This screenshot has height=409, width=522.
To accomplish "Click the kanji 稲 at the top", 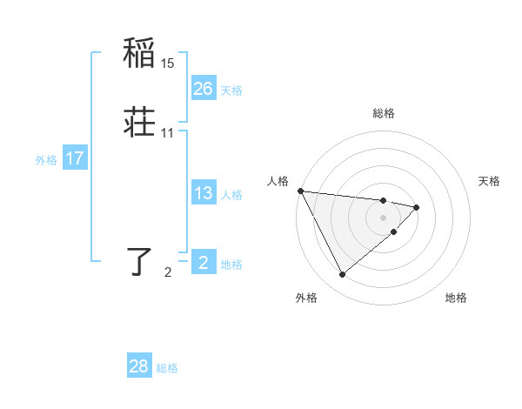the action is [140, 53].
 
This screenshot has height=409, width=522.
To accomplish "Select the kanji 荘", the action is [140, 123].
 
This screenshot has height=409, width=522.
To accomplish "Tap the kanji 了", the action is [140, 261].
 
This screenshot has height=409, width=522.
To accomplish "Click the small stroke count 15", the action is [168, 64].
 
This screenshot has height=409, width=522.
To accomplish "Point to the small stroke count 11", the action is [168, 133].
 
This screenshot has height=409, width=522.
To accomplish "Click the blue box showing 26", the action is [204, 89].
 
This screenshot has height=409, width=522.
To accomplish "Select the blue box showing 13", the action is [204, 193].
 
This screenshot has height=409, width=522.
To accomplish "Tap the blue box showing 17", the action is [74, 158].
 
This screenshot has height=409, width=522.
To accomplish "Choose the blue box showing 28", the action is [139, 366].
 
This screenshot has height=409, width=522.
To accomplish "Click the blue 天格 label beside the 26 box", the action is [231, 91].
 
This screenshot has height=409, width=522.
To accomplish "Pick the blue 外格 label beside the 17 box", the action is [46, 160].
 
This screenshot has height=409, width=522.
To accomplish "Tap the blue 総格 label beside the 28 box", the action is [167, 368].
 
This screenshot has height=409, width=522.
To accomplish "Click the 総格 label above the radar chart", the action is [384, 113].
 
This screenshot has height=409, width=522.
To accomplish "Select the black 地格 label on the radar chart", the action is [456, 298].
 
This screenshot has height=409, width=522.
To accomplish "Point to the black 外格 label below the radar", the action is [306, 298].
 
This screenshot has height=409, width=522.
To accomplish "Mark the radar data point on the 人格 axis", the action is [300, 191].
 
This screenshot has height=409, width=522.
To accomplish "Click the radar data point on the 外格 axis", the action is [342, 274].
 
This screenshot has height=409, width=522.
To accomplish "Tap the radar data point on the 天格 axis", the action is [417, 207].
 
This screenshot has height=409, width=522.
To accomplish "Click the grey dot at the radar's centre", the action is [384, 217].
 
